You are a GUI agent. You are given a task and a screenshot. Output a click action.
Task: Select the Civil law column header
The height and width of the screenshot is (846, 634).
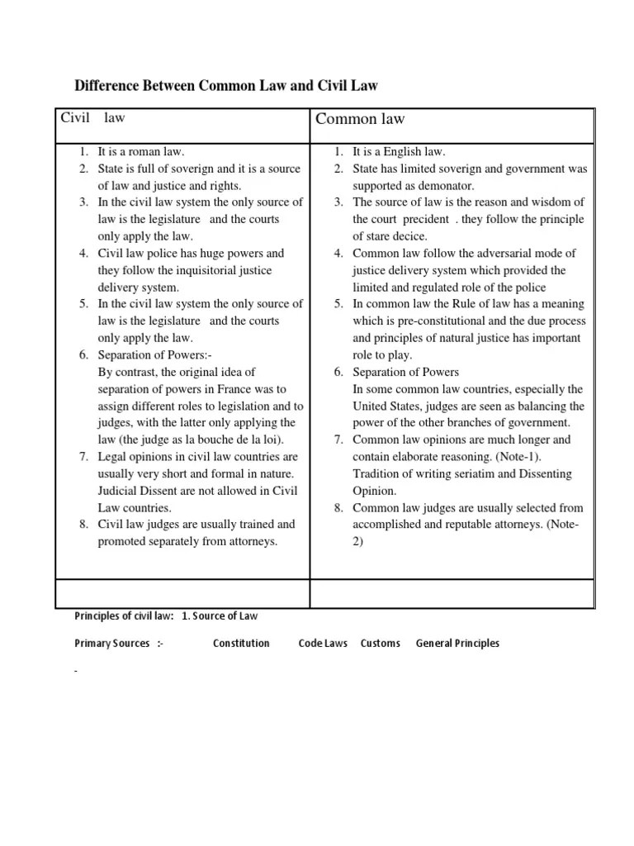(x=92, y=118)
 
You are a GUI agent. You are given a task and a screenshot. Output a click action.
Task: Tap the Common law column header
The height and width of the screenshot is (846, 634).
(x=360, y=119)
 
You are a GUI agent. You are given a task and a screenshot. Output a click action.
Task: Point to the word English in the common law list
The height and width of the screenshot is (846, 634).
(x=403, y=152)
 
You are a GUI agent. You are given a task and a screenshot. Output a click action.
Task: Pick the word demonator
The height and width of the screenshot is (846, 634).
(x=445, y=186)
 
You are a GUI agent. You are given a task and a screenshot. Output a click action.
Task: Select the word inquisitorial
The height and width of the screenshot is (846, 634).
(x=199, y=270)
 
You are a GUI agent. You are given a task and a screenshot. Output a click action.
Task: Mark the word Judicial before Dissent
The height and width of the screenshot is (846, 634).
(x=121, y=491)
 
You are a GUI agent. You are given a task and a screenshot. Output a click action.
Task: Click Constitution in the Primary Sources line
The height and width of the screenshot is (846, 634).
(x=241, y=644)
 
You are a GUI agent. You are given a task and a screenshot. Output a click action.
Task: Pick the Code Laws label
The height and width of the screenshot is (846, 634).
(x=323, y=644)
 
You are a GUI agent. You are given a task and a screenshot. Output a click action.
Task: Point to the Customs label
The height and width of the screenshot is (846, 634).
(x=381, y=644)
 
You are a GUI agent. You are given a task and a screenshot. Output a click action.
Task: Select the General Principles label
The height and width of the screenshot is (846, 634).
(x=457, y=644)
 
